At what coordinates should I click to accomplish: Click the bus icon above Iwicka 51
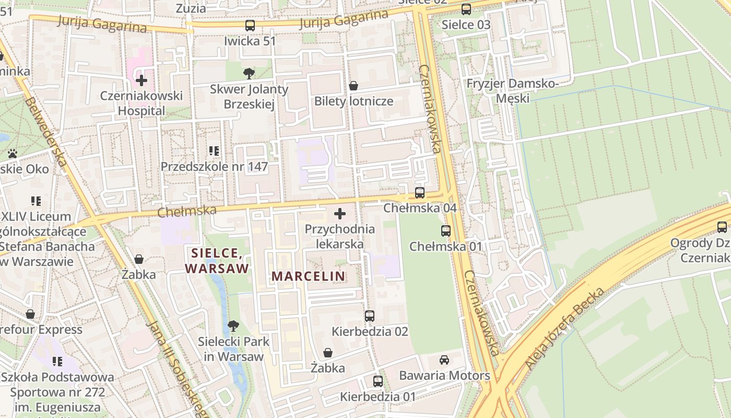pyautogui.click(x=250, y=25)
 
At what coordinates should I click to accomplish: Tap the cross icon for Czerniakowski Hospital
pyautogui.click(x=141, y=80)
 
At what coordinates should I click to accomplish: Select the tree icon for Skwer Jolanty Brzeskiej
pyautogui.click(x=249, y=73)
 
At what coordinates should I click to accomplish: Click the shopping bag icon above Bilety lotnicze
pyautogui.click(x=353, y=85)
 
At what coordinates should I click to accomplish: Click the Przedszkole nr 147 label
pyautogui.click(x=214, y=167)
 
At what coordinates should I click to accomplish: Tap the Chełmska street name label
pyautogui.click(x=187, y=211)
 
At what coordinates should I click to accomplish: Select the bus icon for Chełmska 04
pyautogui.click(x=419, y=193)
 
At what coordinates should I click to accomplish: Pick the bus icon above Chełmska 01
pyautogui.click(x=446, y=230)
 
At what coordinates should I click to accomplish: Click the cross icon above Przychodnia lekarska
pyautogui.click(x=340, y=214)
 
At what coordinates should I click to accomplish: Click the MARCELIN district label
pyautogui.click(x=308, y=276)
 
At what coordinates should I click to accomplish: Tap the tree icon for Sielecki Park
pyautogui.click(x=233, y=326)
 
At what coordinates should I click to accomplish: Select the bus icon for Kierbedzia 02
pyautogui.click(x=370, y=316)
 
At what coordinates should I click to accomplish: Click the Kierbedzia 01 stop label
pyautogui.click(x=378, y=397)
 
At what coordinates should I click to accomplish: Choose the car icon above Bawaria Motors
pyautogui.click(x=444, y=360)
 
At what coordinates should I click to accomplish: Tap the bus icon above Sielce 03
pyautogui.click(x=466, y=9)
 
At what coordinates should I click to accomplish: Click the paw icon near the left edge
pyautogui.click(x=13, y=154)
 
